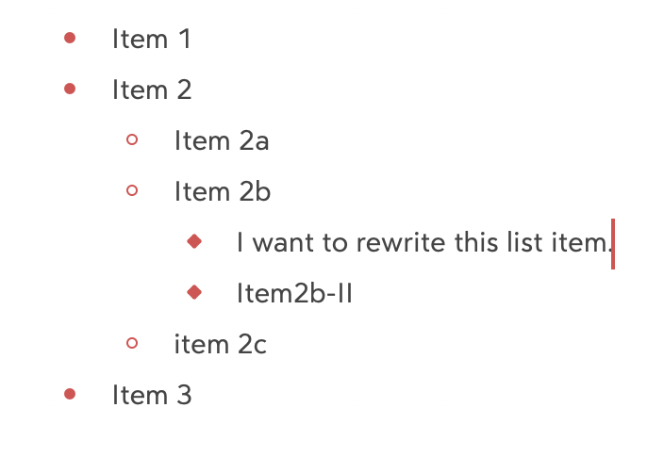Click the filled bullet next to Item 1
click(70, 38)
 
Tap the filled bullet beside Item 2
click(70, 89)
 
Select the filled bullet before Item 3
click(70, 394)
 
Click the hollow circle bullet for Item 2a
click(132, 139)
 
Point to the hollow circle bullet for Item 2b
click(132, 190)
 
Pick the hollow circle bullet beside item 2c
click(132, 343)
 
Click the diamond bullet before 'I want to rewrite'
click(194, 241)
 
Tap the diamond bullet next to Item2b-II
click(194, 292)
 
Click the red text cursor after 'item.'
click(613, 244)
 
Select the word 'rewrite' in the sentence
click(400, 243)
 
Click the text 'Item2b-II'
click(294, 293)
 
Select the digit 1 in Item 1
click(185, 39)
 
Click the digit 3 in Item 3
click(184, 395)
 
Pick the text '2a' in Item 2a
click(254, 141)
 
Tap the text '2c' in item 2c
click(252, 344)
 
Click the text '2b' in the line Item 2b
click(255, 191)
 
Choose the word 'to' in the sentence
click(335, 243)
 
